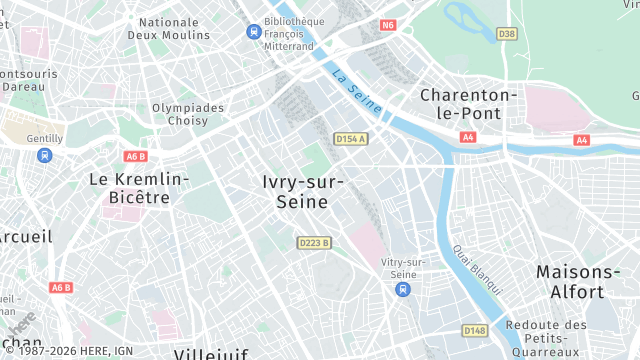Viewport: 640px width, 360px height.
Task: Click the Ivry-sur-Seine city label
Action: point(302,191)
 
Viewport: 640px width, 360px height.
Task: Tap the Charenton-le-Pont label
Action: point(469,104)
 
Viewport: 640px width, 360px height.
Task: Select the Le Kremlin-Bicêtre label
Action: point(138,188)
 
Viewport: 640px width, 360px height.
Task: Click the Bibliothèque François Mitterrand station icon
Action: point(254,31)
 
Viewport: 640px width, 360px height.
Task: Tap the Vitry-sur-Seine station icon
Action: point(402,289)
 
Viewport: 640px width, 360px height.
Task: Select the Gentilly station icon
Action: point(44,155)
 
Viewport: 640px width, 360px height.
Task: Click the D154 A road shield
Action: point(350,138)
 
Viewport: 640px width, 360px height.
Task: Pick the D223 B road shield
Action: point(314,242)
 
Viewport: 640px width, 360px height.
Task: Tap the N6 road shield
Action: point(388,25)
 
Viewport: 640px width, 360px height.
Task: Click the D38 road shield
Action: point(507,34)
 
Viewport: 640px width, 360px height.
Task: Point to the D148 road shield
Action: point(474,330)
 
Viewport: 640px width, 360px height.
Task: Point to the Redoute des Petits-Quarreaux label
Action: point(545,338)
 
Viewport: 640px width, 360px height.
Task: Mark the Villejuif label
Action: point(209,354)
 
